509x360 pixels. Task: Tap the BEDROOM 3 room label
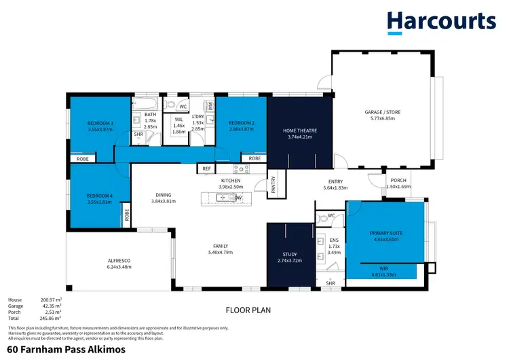(100, 124)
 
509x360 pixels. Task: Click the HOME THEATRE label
(300, 130)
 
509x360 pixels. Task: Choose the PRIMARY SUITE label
(386, 233)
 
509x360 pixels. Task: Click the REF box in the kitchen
(206, 168)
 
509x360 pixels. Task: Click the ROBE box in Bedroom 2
(254, 158)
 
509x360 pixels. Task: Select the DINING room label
(163, 195)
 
